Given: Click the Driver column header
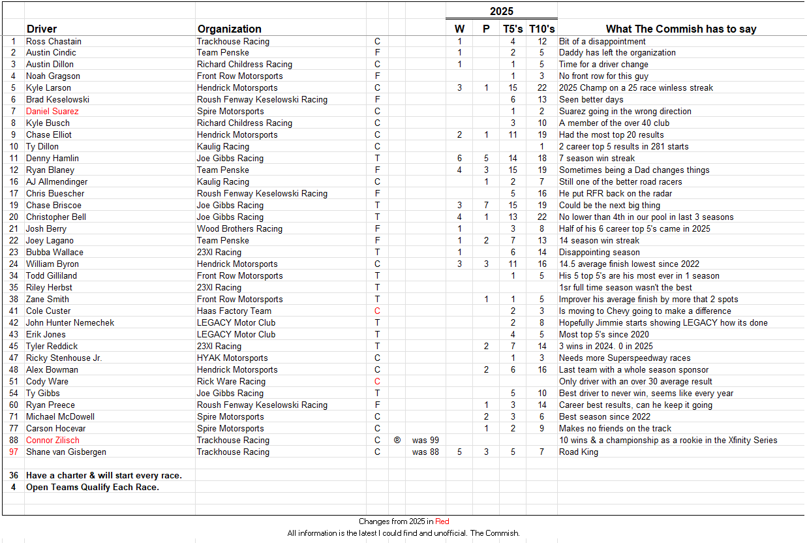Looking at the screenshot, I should pyautogui.click(x=41, y=29).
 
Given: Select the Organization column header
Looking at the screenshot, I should pyautogui.click(x=229, y=29).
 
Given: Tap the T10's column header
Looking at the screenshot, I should pyautogui.click(x=541, y=29).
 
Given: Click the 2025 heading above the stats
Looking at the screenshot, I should pyautogui.click(x=501, y=11).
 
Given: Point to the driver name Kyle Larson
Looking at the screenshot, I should pyautogui.click(x=48, y=87).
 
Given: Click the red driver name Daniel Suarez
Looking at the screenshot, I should pyautogui.click(x=52, y=111).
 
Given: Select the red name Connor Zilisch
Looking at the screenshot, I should pyautogui.click(x=53, y=440).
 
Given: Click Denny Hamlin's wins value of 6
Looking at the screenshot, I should pyautogui.click(x=459, y=158).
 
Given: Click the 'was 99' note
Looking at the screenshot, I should pyautogui.click(x=425, y=440).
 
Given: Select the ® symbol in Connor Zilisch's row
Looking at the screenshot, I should pyautogui.click(x=397, y=440).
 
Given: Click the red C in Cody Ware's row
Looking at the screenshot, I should pyautogui.click(x=377, y=381).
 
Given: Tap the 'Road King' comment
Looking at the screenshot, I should pyautogui.click(x=578, y=452).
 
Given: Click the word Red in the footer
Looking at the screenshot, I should pyautogui.click(x=442, y=521).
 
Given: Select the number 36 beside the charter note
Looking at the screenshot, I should pyautogui.click(x=13, y=475).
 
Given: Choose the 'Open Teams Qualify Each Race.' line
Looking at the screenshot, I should pyautogui.click(x=92, y=487).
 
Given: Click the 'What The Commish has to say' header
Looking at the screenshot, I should pyautogui.click(x=681, y=29).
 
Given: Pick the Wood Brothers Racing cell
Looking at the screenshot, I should pyautogui.click(x=239, y=228).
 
